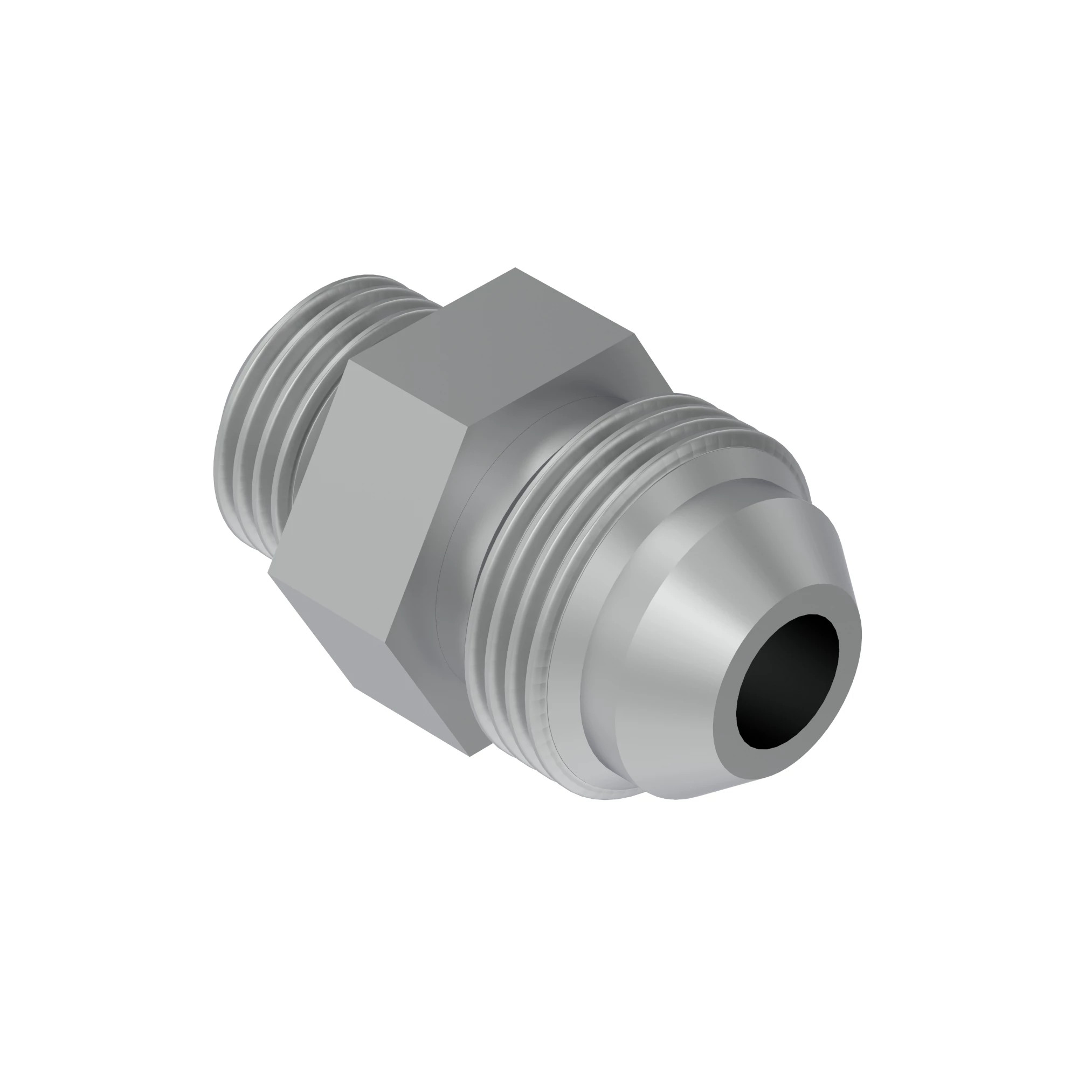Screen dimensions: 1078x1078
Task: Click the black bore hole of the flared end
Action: tap(787, 682)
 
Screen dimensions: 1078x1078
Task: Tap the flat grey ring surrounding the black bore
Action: tap(725, 725)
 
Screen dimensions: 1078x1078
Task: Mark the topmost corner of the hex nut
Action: tap(514, 268)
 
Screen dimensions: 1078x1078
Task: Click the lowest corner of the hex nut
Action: tap(471, 756)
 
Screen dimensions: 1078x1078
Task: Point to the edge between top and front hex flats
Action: tap(413, 391)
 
